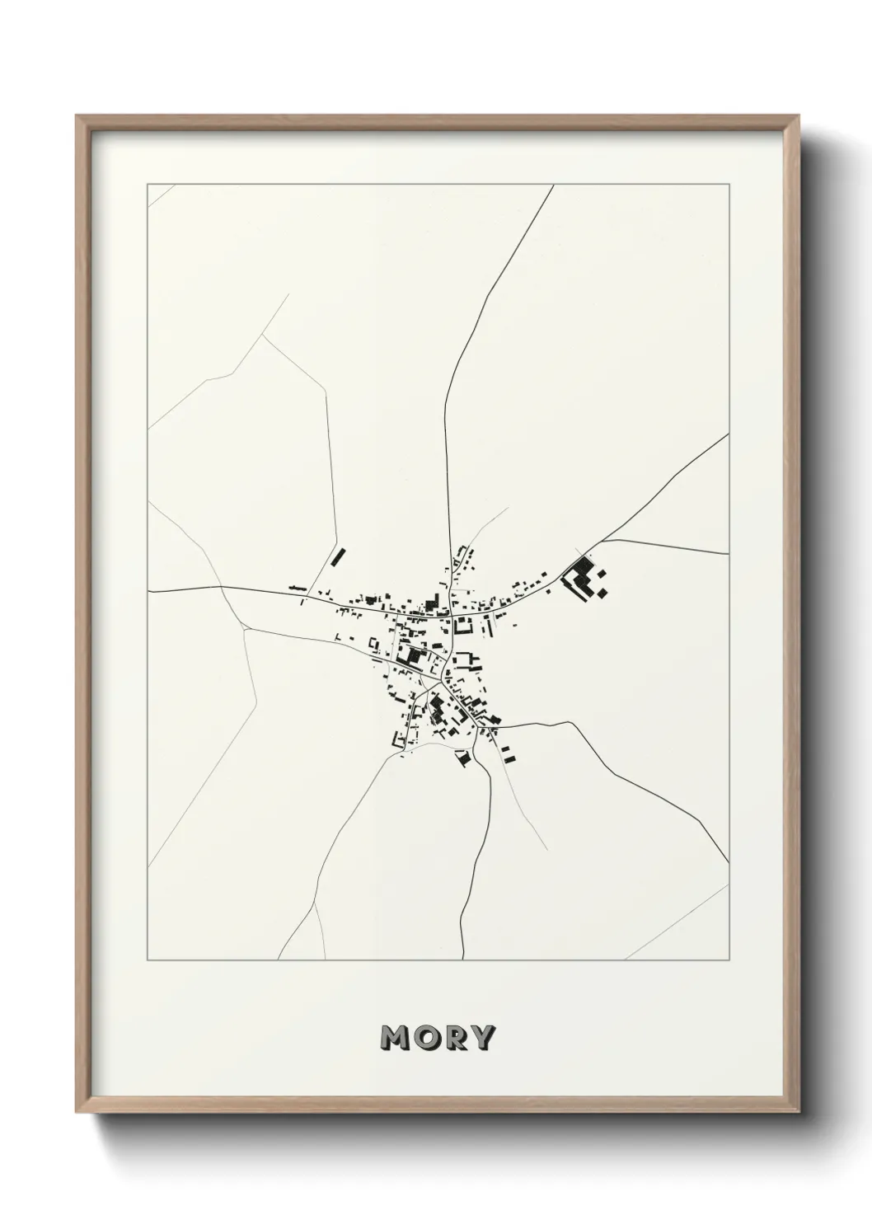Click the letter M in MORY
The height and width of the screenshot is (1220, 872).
[396, 1038]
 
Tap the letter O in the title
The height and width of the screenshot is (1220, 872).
[425, 1038]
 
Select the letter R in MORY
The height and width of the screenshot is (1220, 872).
[453, 1038]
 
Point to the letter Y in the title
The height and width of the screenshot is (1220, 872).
[481, 1038]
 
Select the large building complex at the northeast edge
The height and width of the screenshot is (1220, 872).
[584, 577]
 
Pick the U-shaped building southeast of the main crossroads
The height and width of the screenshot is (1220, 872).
[466, 659]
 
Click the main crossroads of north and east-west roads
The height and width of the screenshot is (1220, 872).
[450, 614]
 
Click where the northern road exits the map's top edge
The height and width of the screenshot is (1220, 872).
[554, 185]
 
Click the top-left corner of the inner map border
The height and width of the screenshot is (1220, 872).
[148, 185]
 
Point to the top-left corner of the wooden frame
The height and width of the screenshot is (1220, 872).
[77, 116]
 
